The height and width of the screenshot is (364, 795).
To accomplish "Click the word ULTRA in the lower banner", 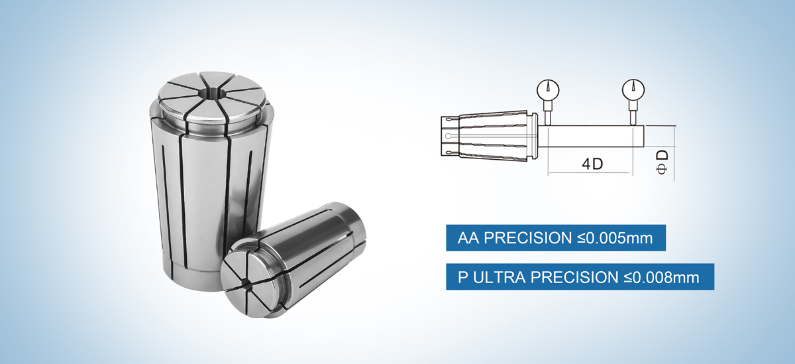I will click(503, 277).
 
